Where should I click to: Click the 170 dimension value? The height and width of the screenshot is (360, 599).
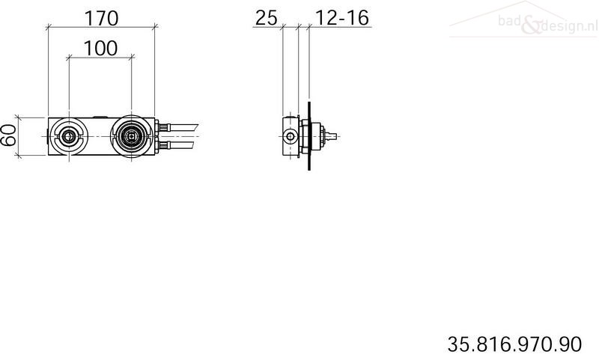(x=101, y=18)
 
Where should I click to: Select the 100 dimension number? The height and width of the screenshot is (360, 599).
(x=100, y=49)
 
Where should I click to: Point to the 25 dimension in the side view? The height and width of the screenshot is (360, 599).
(x=266, y=18)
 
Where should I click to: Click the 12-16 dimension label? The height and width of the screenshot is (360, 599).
(x=342, y=18)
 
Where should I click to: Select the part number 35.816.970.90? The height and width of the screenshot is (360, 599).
(x=514, y=344)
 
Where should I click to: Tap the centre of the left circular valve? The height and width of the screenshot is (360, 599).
(x=69, y=136)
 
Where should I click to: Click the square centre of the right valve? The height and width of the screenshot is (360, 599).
(x=132, y=135)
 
